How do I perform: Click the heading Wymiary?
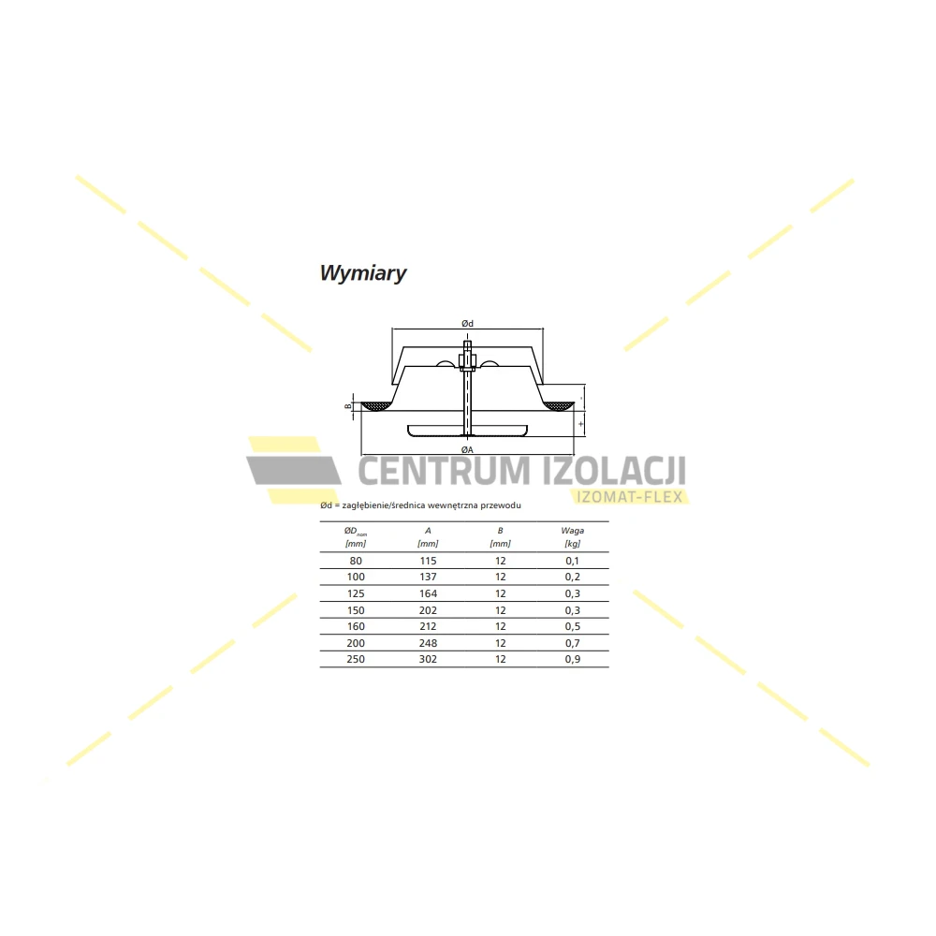click(x=363, y=273)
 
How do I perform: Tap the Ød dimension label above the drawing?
click(x=467, y=323)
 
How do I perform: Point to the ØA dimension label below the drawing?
click(x=467, y=449)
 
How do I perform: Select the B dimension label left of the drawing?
click(x=347, y=406)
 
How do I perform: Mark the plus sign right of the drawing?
click(x=581, y=424)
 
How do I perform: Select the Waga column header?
click(x=572, y=531)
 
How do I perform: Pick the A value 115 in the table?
click(x=428, y=561)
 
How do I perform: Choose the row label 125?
click(x=355, y=593)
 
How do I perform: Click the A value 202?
click(x=428, y=610)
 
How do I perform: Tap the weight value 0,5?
click(x=572, y=626)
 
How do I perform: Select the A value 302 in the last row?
click(x=428, y=659)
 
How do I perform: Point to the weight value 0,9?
click(x=572, y=659)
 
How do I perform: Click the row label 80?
click(x=355, y=561)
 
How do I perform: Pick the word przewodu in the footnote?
click(x=500, y=505)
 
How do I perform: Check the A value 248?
click(x=428, y=643)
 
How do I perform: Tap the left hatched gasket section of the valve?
click(x=377, y=406)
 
